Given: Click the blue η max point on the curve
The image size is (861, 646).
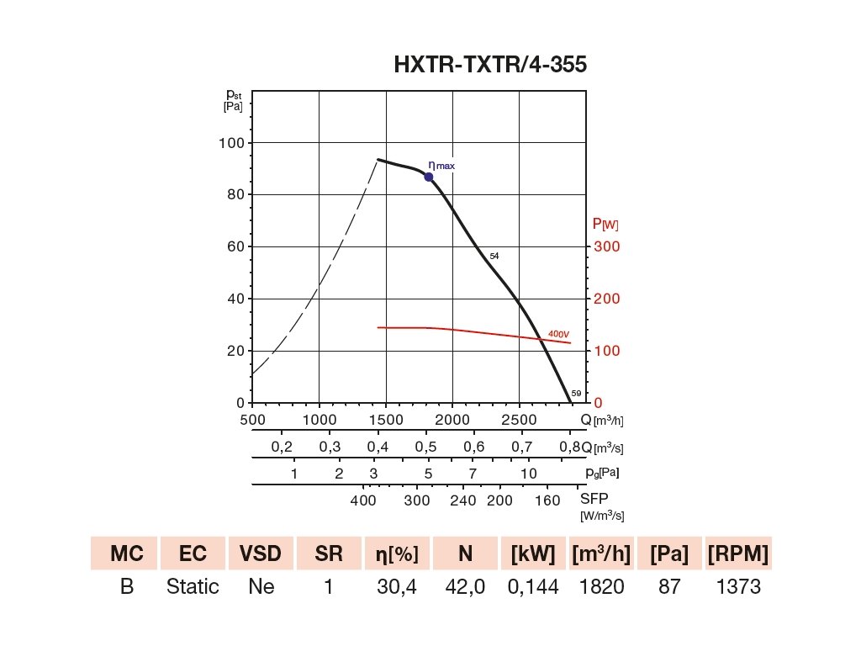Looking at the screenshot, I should click(x=429, y=177).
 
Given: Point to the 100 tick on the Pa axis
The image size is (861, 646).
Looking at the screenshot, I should click(x=231, y=143).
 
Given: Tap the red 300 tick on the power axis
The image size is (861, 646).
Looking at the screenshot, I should click(x=607, y=246).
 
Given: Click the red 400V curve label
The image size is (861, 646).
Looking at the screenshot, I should click(x=559, y=334).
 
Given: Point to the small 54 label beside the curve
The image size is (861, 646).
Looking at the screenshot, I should click(x=494, y=255).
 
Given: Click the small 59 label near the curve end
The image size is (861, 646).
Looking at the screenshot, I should click(x=576, y=394).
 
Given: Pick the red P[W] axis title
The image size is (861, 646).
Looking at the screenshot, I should click(x=605, y=224).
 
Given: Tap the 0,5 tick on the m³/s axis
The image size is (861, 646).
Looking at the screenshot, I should click(x=426, y=447).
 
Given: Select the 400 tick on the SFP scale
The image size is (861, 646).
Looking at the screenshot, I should click(x=363, y=500).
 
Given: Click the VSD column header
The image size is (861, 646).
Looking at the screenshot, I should click(x=261, y=553).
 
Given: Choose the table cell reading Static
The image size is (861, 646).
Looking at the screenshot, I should click(x=193, y=586).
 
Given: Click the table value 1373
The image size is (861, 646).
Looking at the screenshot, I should click(x=737, y=586).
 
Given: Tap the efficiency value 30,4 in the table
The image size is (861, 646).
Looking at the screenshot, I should click(x=397, y=586).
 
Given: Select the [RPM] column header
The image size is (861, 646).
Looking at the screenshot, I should click(x=737, y=553).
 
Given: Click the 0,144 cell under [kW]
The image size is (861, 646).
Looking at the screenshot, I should click(x=534, y=586).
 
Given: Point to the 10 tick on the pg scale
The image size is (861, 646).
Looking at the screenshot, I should click(x=528, y=474).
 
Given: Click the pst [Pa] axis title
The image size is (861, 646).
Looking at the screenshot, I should click(x=233, y=100).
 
